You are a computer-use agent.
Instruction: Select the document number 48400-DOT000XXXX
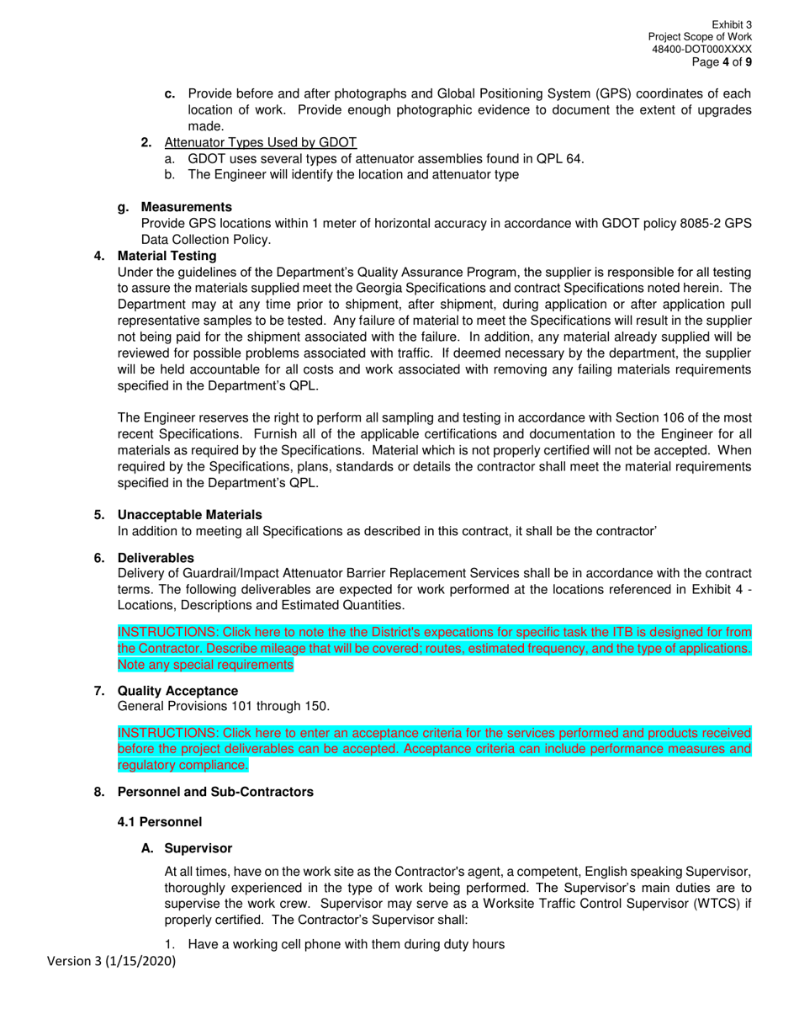(x=701, y=50)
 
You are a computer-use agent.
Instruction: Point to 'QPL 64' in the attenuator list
(x=559, y=158)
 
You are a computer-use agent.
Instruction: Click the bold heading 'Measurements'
(x=187, y=207)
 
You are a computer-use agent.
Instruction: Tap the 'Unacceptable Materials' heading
(x=189, y=515)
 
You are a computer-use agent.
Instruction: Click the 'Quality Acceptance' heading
(x=177, y=691)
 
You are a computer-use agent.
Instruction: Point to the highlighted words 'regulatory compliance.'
(x=183, y=765)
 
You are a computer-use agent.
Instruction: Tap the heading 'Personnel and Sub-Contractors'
(x=215, y=792)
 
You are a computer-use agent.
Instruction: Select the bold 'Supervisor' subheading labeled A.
(x=198, y=849)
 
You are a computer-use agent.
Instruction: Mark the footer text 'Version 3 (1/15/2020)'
(x=111, y=961)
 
